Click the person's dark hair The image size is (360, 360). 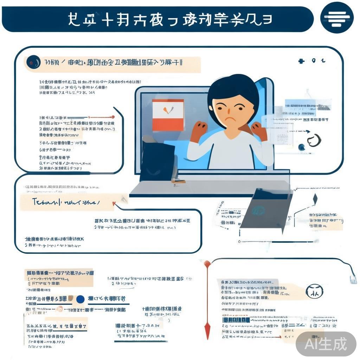coord(232,88)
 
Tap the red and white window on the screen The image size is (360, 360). coord(168,115)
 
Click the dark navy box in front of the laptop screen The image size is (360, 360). coord(157,162)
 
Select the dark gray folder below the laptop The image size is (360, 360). coord(266,210)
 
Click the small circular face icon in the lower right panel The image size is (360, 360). coord(312,291)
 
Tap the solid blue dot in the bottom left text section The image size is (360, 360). coord(81,299)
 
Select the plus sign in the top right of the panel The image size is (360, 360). coord(301,61)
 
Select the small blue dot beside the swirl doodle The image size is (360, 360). coord(301,147)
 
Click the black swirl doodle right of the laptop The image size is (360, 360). coord(314,140)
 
